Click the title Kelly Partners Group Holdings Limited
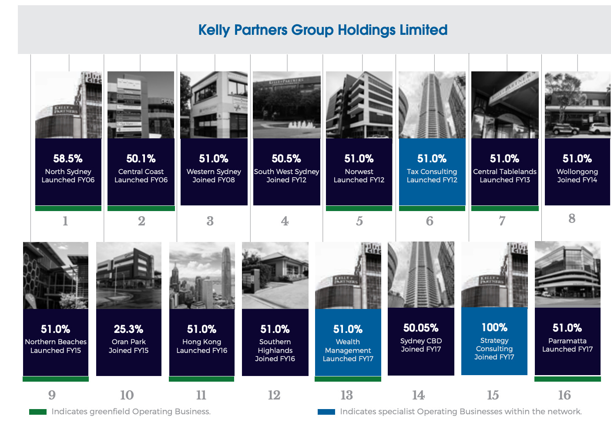322,30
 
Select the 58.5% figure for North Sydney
68,158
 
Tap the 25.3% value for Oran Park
128,329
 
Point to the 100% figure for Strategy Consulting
494,327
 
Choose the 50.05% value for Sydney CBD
421,328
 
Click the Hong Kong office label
202,342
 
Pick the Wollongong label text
577,171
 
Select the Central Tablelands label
505,171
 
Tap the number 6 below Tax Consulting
430,221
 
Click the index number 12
274,395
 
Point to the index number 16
564,395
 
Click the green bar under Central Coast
141,208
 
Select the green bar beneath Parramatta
567,379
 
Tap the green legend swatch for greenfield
38,412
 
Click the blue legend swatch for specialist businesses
326,412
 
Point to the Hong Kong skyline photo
202,275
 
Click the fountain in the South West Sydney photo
301,124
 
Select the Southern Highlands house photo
275,275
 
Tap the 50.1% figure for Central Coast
141,158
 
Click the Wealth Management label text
348,346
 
